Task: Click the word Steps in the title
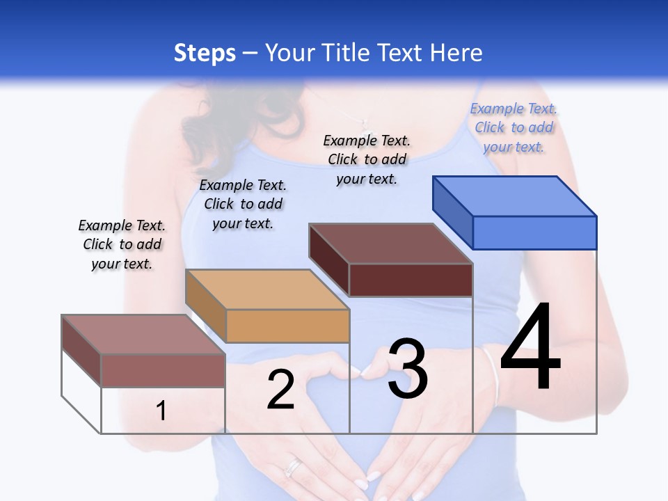[x=205, y=53]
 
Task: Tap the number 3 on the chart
[x=408, y=368]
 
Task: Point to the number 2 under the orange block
[x=280, y=390]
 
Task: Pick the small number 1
[x=161, y=411]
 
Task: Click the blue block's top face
[x=514, y=196]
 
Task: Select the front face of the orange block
[x=287, y=326]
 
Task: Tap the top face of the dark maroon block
[x=390, y=244]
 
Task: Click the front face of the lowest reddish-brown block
[x=163, y=370]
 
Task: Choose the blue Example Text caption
[x=514, y=127]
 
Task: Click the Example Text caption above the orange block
[x=243, y=204]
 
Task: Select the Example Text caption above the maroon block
[x=367, y=159]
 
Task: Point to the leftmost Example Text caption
[x=122, y=244]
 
